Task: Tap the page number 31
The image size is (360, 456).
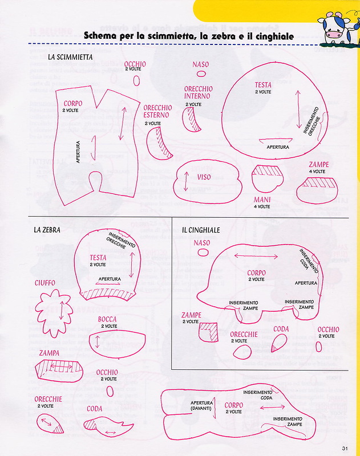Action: (346, 447)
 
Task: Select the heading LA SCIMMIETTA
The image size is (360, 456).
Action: (70, 57)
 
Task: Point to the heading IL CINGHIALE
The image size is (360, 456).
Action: (201, 230)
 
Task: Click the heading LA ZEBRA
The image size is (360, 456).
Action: (47, 230)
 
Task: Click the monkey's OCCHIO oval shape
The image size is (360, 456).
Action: (136, 80)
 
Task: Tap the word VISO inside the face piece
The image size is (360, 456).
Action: (204, 177)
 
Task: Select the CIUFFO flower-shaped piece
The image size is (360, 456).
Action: (56, 310)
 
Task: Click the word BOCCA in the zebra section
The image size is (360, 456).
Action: (107, 319)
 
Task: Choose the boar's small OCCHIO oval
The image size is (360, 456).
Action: (319, 345)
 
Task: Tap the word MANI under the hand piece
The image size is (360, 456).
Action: (262, 200)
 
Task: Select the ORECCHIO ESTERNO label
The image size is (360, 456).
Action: (157, 111)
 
